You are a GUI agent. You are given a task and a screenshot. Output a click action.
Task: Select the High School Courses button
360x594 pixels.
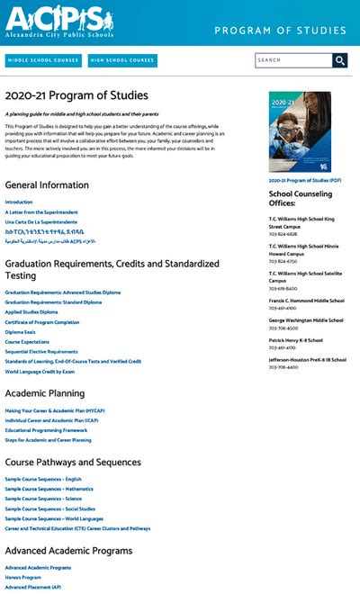point(122,60)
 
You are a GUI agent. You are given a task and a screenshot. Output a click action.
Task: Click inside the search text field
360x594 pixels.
point(292,60)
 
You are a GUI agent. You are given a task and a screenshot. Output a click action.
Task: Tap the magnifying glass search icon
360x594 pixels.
point(339,60)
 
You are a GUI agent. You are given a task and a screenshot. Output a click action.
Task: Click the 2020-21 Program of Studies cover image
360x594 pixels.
point(299,131)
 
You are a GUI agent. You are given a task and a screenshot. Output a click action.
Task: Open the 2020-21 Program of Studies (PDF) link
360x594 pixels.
point(305,180)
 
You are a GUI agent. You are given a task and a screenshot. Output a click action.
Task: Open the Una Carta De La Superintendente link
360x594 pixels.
point(40,221)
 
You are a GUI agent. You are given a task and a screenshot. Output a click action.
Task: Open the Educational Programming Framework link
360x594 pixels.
point(46,430)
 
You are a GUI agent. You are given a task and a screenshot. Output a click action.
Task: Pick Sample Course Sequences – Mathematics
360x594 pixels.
point(49,489)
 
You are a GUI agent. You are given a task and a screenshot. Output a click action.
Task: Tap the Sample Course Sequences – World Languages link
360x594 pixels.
point(53,518)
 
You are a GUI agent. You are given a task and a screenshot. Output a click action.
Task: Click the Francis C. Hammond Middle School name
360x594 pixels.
point(306,301)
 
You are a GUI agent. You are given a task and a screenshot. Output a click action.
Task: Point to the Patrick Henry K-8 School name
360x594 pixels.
point(300,340)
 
